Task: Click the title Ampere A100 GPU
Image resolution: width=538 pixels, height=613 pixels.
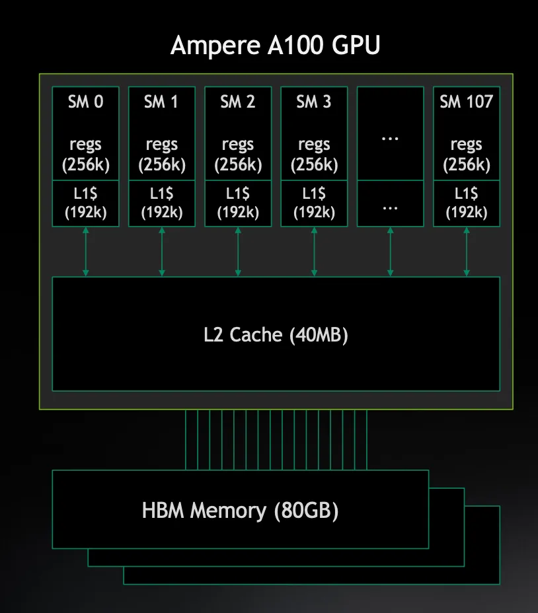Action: [x=276, y=46]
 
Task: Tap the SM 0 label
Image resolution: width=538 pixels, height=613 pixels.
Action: [x=86, y=102]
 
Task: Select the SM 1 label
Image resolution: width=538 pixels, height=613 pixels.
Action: [x=162, y=102]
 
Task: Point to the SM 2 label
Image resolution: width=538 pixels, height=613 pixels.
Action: [x=238, y=102]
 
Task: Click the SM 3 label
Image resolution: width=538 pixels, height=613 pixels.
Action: [x=314, y=102]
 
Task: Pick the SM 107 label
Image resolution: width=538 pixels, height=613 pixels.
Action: [x=467, y=102]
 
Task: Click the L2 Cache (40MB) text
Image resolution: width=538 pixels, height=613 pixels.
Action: [x=276, y=335]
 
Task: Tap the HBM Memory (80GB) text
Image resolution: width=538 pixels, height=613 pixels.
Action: [x=240, y=511]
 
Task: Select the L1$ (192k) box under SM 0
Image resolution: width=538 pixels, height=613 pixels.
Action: [x=86, y=203]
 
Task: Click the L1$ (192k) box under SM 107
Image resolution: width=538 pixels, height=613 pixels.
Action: [x=467, y=203]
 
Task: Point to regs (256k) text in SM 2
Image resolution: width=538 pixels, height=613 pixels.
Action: [x=238, y=155]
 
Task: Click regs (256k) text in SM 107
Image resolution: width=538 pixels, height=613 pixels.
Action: [x=467, y=155]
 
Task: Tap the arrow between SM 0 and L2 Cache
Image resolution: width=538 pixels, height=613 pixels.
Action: [x=86, y=252]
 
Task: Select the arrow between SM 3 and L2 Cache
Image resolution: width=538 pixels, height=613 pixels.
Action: [x=314, y=252]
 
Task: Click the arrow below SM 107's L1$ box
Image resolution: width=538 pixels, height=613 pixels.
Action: [x=467, y=252]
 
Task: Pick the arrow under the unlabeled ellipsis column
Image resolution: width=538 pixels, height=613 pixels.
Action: [x=390, y=252]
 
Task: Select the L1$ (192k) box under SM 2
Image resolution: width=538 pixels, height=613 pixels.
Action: [x=238, y=203]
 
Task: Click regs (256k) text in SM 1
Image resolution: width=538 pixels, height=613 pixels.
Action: [x=162, y=155]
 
